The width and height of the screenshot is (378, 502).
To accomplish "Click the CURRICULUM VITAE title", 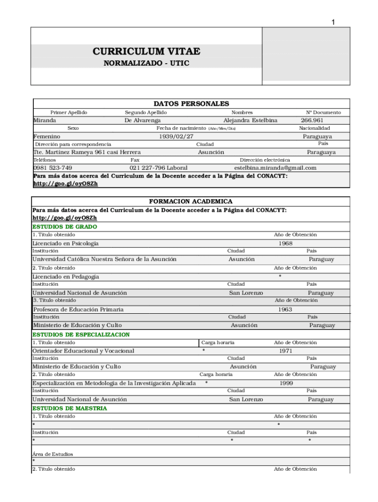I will [146, 52].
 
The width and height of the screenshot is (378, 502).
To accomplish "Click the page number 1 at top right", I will [333, 22].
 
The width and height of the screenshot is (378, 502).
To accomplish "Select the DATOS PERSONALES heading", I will [191, 104].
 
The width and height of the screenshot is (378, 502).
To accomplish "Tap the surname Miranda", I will [45, 121].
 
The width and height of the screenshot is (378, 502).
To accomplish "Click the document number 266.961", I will [312, 121].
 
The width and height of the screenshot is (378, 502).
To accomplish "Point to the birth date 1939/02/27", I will [176, 136].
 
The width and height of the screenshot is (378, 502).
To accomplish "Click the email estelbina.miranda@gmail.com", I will [275, 168].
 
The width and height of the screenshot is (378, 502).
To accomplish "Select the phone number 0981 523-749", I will [53, 168].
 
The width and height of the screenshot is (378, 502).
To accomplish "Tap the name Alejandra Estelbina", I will [250, 121].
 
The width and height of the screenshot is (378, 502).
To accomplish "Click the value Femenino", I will [47, 136].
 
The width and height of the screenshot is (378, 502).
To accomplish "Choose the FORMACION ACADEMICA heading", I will [190, 201].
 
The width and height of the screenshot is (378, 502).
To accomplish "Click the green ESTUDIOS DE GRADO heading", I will [64, 227].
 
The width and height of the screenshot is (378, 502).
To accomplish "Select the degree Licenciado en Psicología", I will [65, 243].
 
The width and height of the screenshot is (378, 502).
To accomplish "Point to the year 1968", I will [285, 243].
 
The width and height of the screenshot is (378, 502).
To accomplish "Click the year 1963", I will [285, 309].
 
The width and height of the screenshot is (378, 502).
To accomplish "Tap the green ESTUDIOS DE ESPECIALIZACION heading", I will [81, 334].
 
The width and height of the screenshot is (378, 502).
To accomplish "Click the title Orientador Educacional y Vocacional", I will [83, 351].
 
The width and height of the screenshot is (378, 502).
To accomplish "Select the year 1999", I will [287, 383].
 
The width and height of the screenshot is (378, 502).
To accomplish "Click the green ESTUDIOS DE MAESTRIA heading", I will [69, 408].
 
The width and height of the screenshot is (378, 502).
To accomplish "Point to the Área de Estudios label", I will [53, 454].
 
